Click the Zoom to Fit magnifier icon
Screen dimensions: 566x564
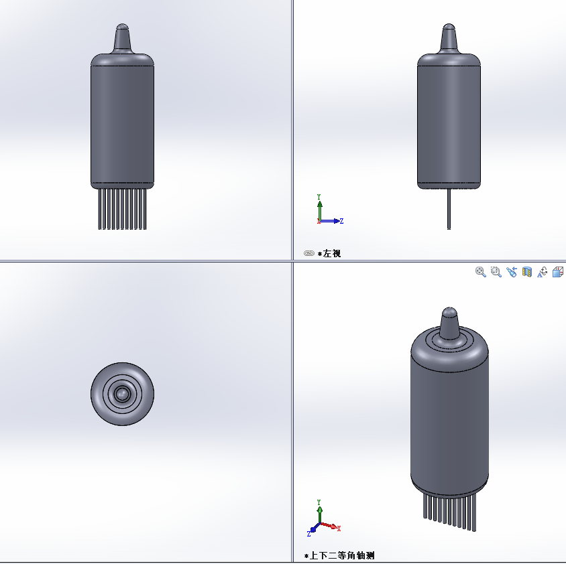(480, 272)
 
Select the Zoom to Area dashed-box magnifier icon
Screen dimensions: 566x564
(496, 272)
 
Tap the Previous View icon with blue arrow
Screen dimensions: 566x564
(512, 272)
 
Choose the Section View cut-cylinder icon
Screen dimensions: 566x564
(527, 272)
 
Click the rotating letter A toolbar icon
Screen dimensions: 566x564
(542, 272)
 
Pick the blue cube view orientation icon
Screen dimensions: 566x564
(558, 272)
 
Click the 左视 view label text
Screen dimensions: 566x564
(332, 253)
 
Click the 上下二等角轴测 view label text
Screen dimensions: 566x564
(342, 555)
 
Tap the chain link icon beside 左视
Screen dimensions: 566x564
(309, 253)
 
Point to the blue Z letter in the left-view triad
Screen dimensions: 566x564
(341, 221)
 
